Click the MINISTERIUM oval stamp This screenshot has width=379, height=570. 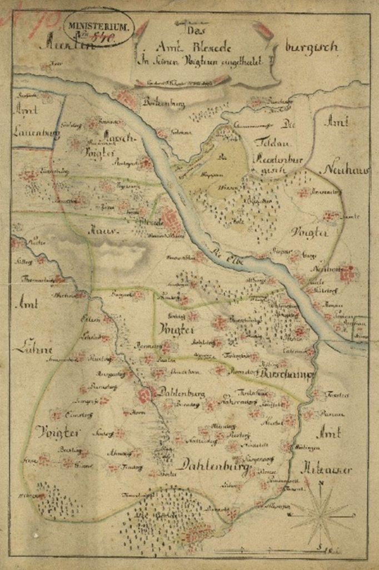pyautogui.click(x=98, y=27)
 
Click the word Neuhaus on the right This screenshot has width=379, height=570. pyautogui.click(x=345, y=170)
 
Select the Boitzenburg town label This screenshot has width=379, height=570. pyautogui.click(x=164, y=102)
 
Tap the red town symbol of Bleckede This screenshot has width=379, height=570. pyautogui.click(x=171, y=221)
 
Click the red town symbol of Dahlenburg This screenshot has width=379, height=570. pyautogui.click(x=147, y=395)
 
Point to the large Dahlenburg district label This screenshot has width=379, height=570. pyautogui.click(x=215, y=463)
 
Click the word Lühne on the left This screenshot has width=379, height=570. pyautogui.click(x=33, y=350)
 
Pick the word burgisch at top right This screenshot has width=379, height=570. pyautogui.click(x=311, y=47)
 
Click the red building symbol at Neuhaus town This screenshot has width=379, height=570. pyautogui.click(x=348, y=273)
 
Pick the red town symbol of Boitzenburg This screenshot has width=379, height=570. pyautogui.click(x=127, y=99)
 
